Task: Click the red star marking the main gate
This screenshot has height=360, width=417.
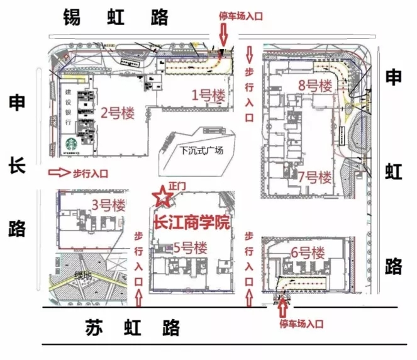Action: pyautogui.click(x=163, y=196)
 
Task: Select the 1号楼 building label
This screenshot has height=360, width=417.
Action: pyautogui.click(x=208, y=95)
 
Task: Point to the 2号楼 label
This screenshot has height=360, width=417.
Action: pyautogui.click(x=118, y=113)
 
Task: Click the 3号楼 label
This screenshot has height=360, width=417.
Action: pyautogui.click(x=109, y=205)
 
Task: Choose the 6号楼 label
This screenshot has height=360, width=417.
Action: pyautogui.click(x=308, y=254)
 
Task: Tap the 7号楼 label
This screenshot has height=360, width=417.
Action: pyautogui.click(x=314, y=177)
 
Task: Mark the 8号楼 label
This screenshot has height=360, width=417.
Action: pyautogui.click(x=314, y=86)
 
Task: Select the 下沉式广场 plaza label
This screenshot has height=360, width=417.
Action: pyautogui.click(x=201, y=150)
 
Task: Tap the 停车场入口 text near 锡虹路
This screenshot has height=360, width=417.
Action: pyautogui.click(x=239, y=15)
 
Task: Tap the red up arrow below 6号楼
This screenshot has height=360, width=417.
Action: pyautogui.click(x=282, y=307)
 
